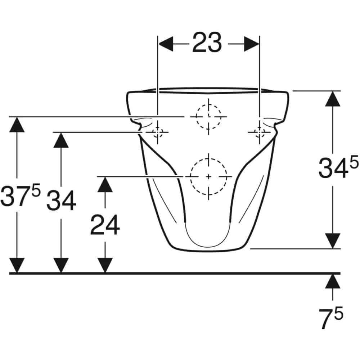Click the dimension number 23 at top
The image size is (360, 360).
[x=207, y=42]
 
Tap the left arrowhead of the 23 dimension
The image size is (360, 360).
[x=166, y=44]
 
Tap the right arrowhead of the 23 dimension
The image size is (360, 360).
[x=251, y=44]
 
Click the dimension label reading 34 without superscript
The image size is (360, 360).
[x=61, y=201]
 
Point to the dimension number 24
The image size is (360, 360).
[x=105, y=225]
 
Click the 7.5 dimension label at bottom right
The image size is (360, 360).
[x=331, y=317]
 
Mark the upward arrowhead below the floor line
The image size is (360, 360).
[x=333, y=282]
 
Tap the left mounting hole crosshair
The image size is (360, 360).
[x=158, y=132]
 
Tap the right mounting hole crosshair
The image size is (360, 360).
[x=260, y=132]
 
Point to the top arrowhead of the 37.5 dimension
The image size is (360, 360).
[x=17, y=125]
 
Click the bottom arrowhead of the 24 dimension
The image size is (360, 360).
[x=105, y=265]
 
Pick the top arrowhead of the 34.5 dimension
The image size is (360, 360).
[x=333, y=99]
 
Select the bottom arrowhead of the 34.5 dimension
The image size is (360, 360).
[x=333, y=240]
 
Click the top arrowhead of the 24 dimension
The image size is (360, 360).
[x=105, y=185]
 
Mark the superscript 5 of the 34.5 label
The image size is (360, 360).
[x=354, y=161]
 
